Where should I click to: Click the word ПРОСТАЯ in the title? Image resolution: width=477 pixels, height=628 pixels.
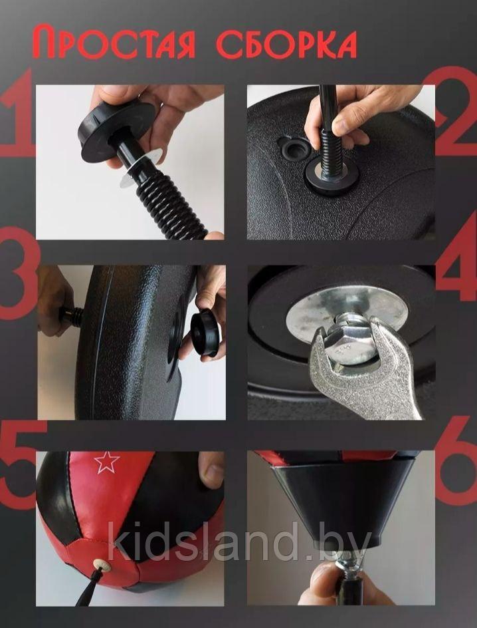114,42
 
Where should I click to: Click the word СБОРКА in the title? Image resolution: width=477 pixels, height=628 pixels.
286,44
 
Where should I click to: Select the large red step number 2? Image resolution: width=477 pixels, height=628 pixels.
456,110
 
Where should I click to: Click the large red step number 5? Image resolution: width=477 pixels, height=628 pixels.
20,464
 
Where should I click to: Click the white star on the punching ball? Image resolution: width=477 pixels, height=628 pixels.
107,462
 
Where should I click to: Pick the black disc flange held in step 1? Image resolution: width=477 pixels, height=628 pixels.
117,131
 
